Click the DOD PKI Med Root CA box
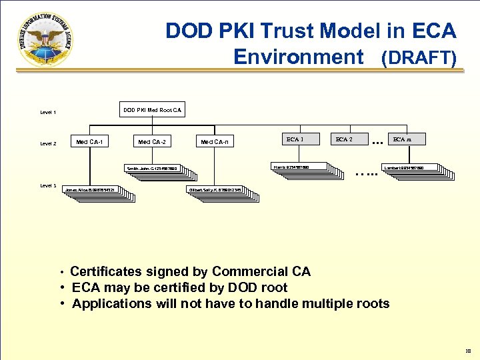(x=152, y=109)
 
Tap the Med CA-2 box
(x=152, y=141)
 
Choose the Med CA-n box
(x=215, y=141)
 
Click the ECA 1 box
(x=295, y=139)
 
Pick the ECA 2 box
(x=344, y=139)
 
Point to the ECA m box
(x=401, y=139)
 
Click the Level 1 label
(x=48, y=113)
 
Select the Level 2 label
(x=48, y=143)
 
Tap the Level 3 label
(x=48, y=185)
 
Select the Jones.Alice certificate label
(x=93, y=190)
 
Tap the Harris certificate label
(x=299, y=166)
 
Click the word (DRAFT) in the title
(x=418, y=59)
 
